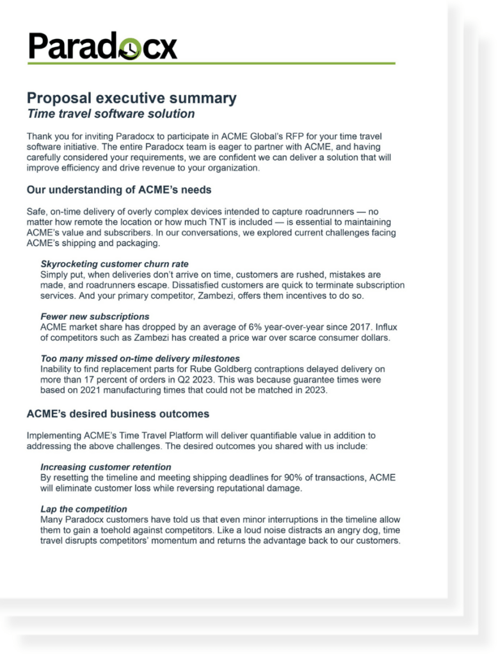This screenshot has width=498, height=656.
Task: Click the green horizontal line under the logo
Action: pyautogui.click(x=211, y=63)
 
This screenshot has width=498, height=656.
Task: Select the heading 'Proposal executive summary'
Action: pyautogui.click(x=131, y=98)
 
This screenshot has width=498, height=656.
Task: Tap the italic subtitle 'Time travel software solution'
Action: pyautogui.click(x=110, y=114)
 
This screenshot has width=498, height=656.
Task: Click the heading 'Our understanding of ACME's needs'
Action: pyautogui.click(x=118, y=190)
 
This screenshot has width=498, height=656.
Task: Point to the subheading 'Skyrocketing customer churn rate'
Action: pyautogui.click(x=115, y=264)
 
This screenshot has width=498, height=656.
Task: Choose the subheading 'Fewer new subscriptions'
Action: pyautogui.click(x=95, y=316)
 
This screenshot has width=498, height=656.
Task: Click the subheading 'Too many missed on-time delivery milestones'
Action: pyautogui.click(x=140, y=359)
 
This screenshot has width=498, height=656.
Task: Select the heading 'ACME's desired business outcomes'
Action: pyautogui.click(x=118, y=414)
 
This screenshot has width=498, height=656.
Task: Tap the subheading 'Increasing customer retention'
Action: pyautogui.click(x=106, y=467)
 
